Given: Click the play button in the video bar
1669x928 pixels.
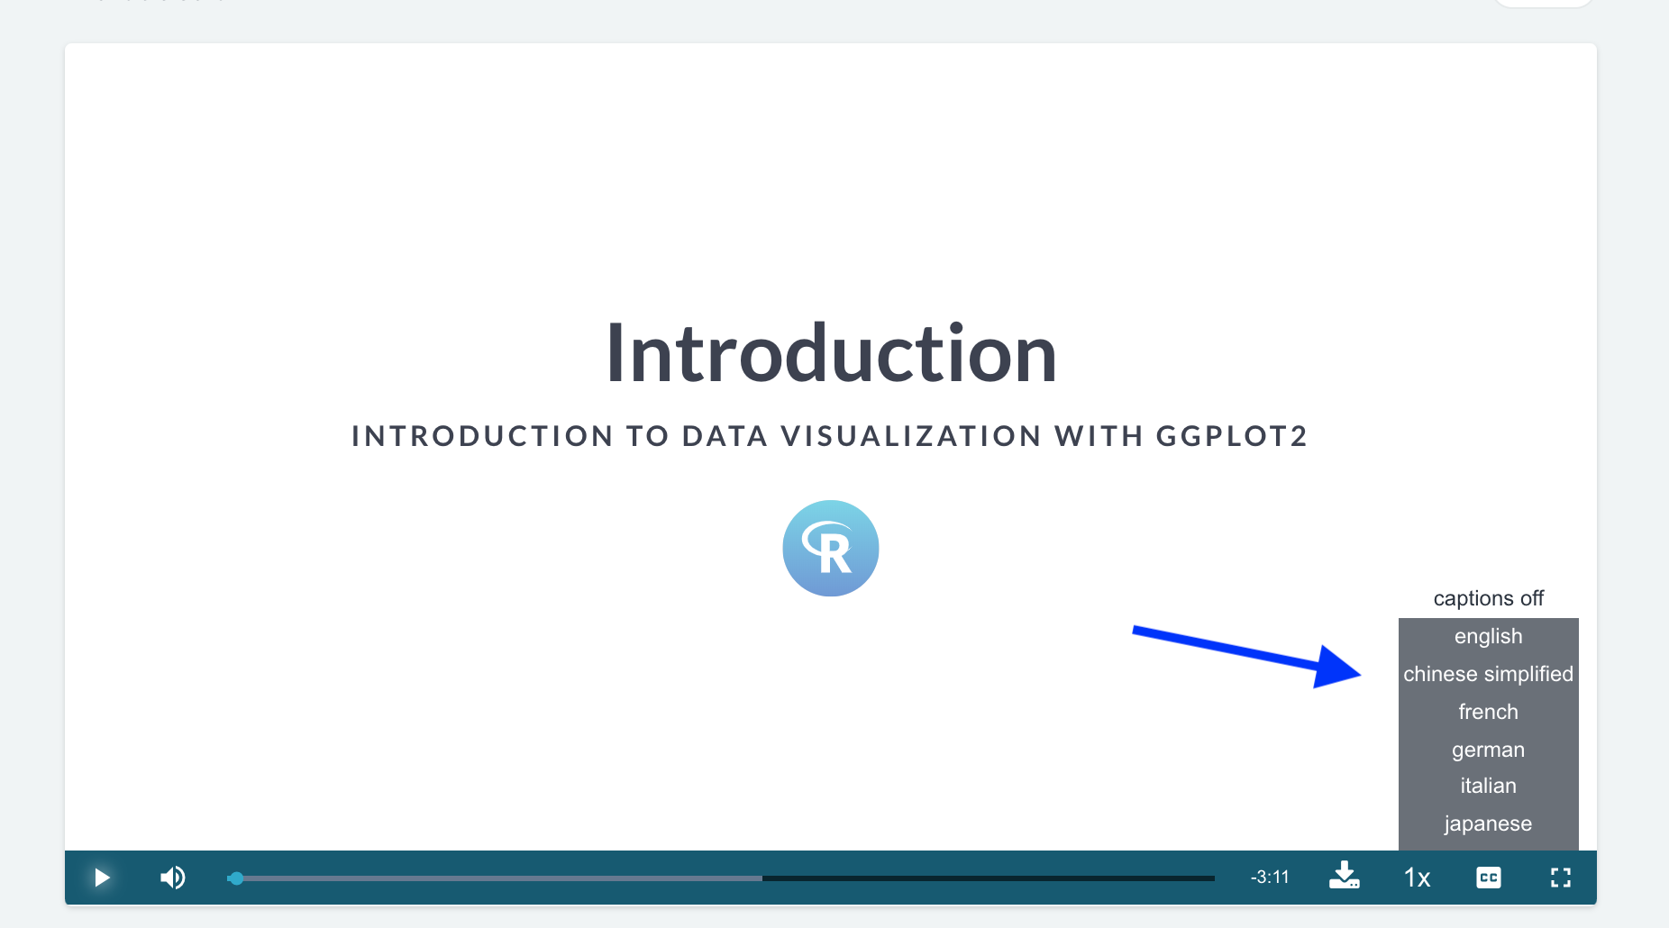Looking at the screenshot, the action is pos(102,878).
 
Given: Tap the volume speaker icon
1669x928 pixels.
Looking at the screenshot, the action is pos(172,878).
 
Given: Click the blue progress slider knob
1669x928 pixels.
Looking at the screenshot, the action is pos(236,878).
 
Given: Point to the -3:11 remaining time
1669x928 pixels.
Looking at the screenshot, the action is pos(1270,878).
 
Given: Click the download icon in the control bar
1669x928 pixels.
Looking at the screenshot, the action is pos(1345,876).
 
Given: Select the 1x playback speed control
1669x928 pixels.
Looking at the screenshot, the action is pos(1417,878).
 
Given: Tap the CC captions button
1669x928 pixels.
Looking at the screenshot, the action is pos(1489,878).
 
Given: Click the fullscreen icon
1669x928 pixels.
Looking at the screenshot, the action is pos(1561,878).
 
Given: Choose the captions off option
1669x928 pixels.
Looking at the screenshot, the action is pos(1489,598).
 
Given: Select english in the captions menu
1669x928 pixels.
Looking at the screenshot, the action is pos(1489,636).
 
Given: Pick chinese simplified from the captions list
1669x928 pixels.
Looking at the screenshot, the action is pos(1489,674).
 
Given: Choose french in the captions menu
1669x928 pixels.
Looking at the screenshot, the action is pos(1489,712).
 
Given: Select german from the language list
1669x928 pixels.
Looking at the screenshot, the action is pos(1489,750).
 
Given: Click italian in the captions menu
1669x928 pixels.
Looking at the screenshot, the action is pos(1489,786).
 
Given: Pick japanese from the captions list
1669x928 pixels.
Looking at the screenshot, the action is pos(1489,823).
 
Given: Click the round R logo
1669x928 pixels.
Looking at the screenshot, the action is pos(831,548).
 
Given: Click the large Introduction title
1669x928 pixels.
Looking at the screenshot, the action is pos(831,353).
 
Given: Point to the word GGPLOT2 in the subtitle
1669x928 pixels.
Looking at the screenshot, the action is pos(1232,436).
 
